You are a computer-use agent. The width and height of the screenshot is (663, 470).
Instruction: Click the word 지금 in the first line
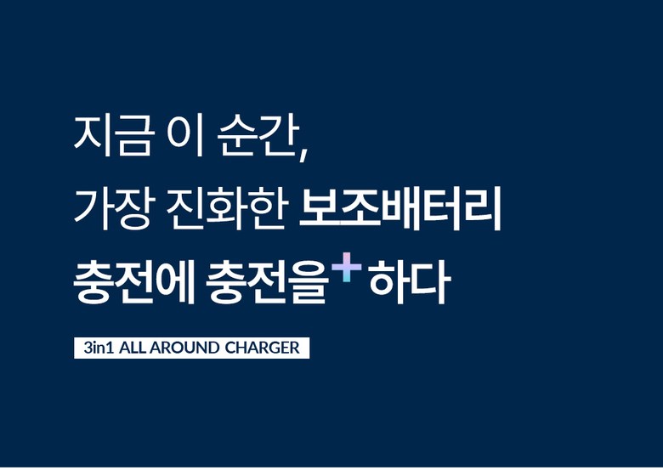[112, 135]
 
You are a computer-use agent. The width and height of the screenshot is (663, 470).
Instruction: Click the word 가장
[112, 208]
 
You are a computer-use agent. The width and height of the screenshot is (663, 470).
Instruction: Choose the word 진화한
[227, 208]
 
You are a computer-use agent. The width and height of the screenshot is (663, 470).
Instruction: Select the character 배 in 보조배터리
[400, 208]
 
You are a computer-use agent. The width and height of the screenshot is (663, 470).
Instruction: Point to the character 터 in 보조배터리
[440, 208]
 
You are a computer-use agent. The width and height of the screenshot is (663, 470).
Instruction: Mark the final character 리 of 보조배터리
[482, 208]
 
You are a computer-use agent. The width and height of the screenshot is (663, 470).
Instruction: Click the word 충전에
[133, 281]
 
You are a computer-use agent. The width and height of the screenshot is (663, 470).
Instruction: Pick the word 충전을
[267, 281]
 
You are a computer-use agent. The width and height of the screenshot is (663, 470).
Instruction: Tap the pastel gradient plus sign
[347, 267]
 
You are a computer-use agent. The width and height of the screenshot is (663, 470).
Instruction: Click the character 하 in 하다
[388, 281]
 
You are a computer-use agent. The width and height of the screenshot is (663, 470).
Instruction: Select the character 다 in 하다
[428, 281]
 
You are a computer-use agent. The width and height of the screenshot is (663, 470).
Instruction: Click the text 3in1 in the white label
[99, 348]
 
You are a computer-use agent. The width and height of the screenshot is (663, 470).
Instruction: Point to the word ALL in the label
[133, 348]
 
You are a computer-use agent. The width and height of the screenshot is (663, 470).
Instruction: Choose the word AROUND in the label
[184, 348]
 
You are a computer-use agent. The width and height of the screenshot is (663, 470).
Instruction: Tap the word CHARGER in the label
[262, 348]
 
